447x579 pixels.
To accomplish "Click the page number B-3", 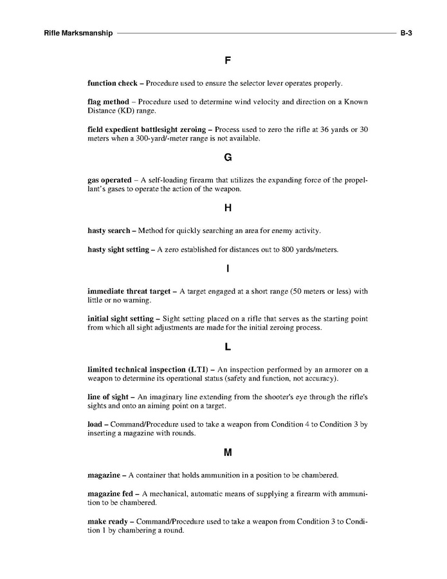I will click(405, 33).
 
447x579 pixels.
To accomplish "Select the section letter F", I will click(228, 61).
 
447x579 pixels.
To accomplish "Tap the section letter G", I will click(228, 157).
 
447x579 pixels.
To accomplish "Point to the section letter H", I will click(228, 208).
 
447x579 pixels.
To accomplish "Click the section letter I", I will click(228, 269).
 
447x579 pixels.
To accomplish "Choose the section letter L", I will click(228, 347).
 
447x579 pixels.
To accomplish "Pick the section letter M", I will click(228, 453).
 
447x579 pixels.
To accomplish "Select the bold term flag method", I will click(108, 102).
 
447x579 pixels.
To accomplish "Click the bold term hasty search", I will click(109, 231).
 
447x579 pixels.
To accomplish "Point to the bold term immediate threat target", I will click(129, 291).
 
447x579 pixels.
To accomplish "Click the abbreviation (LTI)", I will click(195, 369).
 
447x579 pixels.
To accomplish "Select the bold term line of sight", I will click(108, 397).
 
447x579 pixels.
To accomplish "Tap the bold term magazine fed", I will click(109, 493).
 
